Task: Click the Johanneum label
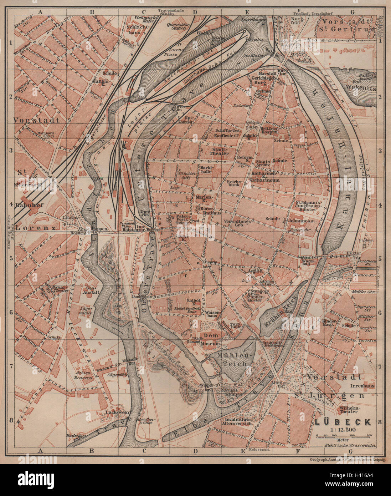click(x=302, y=221)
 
